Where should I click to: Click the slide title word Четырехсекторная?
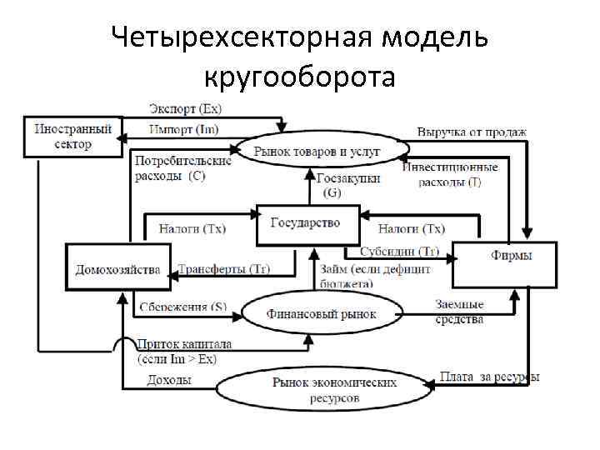click(217, 38)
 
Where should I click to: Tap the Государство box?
click(306, 224)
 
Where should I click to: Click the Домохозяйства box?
click(117, 267)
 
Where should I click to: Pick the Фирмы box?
click(503, 256)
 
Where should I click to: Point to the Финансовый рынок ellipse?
click(322, 314)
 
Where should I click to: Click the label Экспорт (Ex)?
click(185, 108)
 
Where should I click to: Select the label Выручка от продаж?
click(472, 132)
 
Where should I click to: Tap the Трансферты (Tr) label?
click(224, 269)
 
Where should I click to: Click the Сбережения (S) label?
click(182, 307)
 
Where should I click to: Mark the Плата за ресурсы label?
click(489, 377)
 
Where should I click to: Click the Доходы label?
click(169, 380)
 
